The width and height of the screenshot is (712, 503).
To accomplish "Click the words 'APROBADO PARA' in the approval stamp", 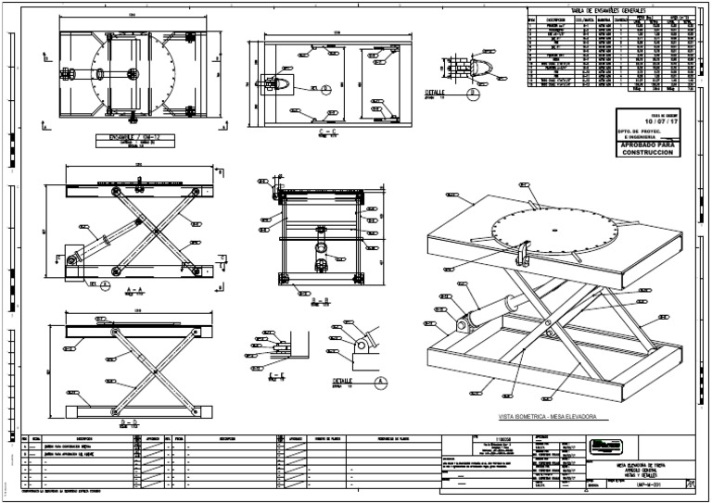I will tap(647, 146).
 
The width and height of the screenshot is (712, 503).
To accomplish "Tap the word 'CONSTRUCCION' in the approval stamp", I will tap(647, 154).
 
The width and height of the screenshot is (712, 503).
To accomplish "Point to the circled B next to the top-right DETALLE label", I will tap(472, 94).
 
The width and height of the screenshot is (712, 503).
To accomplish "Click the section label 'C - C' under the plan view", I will tap(325, 132).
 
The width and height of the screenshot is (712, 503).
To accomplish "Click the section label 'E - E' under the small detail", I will tap(288, 377).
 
